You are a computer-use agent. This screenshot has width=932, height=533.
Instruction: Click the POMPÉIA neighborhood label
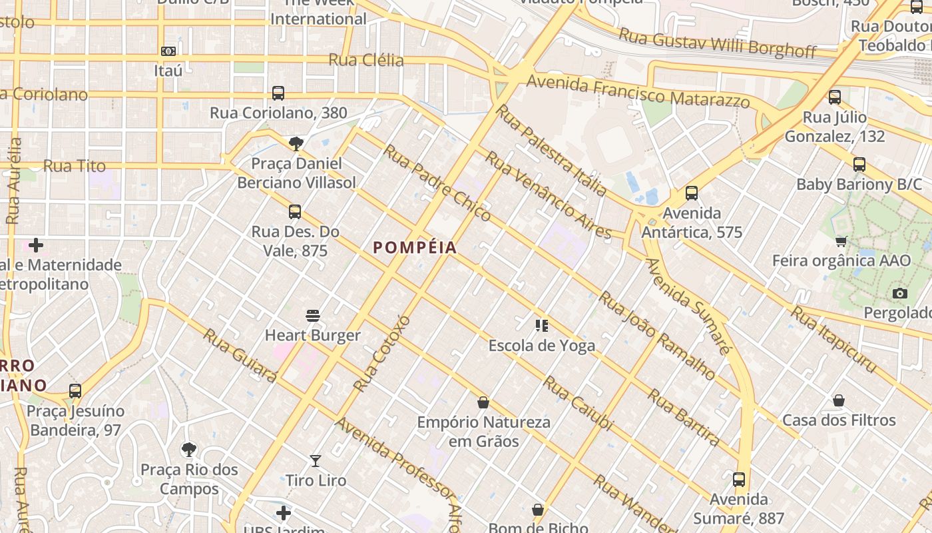point(415,248)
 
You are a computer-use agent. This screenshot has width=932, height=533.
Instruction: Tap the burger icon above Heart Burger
point(313,315)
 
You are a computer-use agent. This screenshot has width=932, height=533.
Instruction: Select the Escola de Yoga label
point(541,346)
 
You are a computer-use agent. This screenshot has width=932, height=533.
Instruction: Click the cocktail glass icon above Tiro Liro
point(316,460)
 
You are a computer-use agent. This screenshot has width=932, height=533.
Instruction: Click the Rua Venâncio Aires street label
point(547,195)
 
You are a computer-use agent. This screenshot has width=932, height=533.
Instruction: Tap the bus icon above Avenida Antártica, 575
point(692,193)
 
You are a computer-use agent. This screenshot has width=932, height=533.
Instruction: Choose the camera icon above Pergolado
point(899,293)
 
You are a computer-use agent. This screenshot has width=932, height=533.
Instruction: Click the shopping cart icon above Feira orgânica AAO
point(841,241)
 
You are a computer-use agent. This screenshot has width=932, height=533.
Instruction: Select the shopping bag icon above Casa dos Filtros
point(839,400)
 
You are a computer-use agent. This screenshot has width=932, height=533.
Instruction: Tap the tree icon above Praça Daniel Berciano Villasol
point(296,143)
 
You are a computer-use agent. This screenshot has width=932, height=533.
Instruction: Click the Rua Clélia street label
point(366,61)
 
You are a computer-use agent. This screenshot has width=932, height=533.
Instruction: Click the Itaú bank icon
point(168,51)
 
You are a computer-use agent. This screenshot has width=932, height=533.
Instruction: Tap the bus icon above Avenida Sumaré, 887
point(738,479)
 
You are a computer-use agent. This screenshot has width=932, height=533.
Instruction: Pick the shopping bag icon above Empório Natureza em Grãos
point(483,402)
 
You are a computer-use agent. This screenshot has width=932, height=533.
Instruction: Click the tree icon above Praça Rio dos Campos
point(189,450)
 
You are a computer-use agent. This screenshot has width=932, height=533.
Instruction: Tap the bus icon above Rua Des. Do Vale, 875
point(295,212)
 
